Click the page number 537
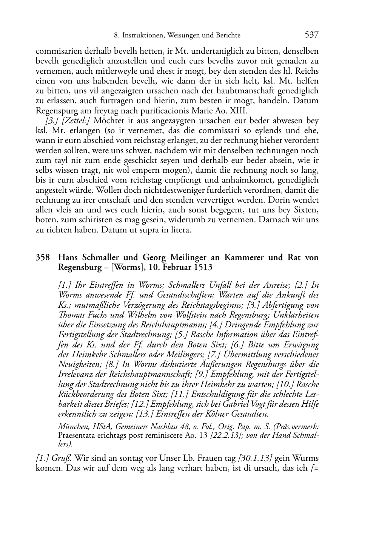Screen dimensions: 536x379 coord(311,35)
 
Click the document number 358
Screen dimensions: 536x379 coord(43,258)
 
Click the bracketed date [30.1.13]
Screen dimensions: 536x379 coord(256,459)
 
